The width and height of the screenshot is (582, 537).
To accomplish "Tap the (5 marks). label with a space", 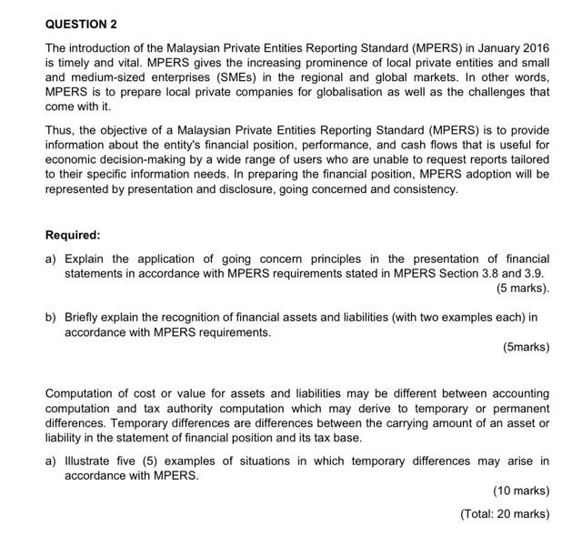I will (523, 289).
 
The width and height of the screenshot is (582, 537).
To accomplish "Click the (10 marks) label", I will (521, 491).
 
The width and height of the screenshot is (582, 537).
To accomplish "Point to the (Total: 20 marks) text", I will (505, 513).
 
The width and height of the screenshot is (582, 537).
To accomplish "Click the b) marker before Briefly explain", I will (52, 318).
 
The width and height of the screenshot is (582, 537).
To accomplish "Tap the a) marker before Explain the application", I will (52, 258).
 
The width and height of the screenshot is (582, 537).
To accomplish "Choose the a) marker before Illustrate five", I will (52, 461).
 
